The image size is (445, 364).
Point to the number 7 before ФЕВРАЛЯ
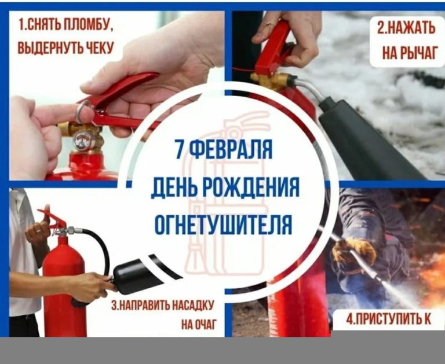pos(179,149)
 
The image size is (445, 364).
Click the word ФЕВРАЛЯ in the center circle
pos(230,149)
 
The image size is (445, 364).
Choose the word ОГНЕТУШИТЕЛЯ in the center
pos(223,225)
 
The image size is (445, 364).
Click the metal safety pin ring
pos(83,111)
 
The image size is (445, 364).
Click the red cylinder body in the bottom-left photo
pos(64,284)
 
